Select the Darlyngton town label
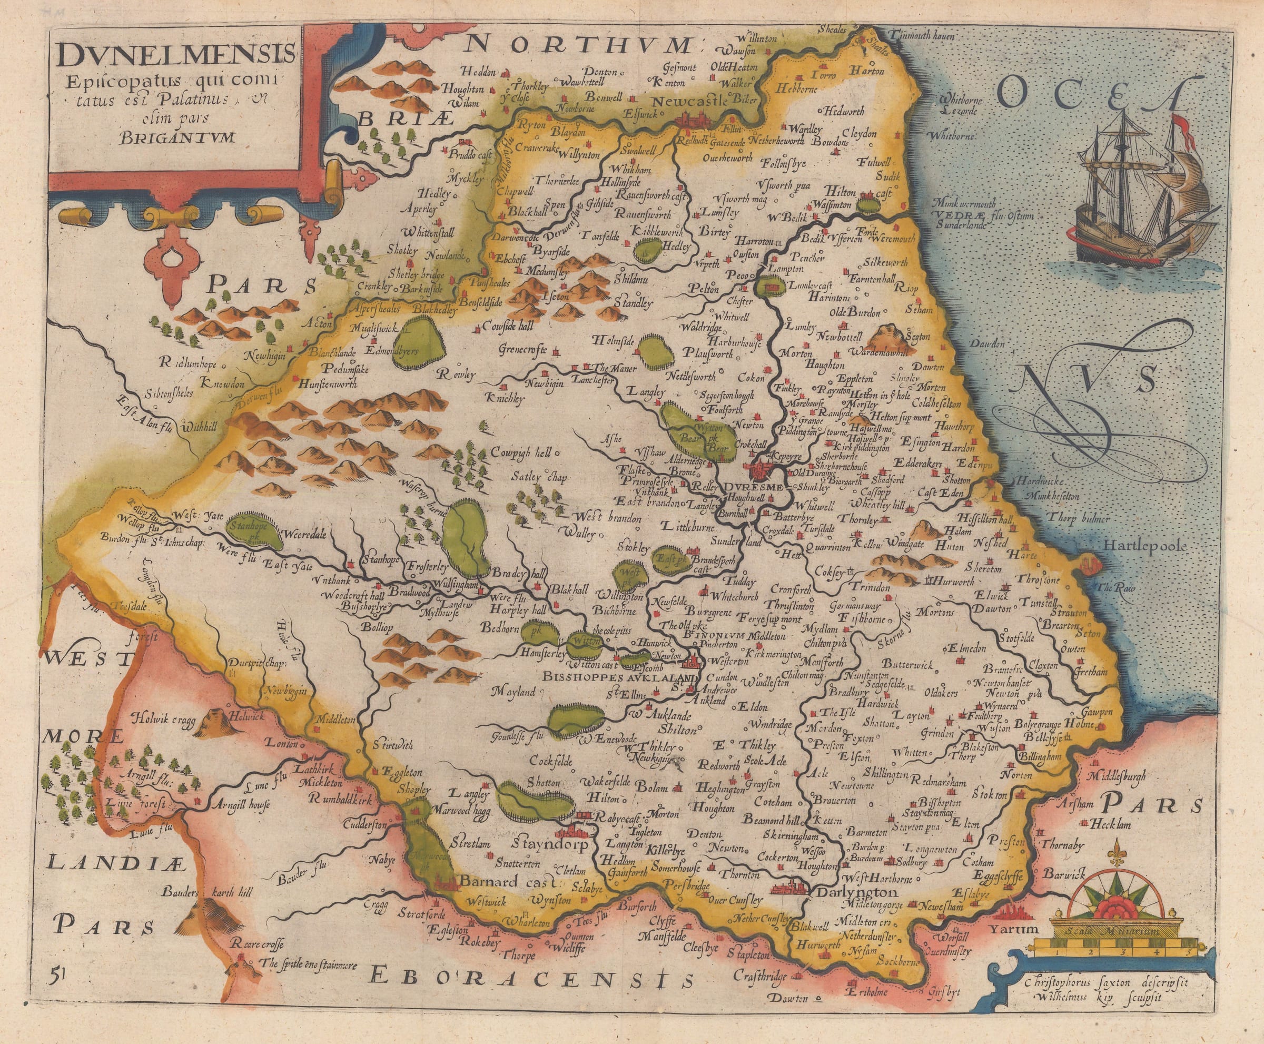[x=858, y=892]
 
